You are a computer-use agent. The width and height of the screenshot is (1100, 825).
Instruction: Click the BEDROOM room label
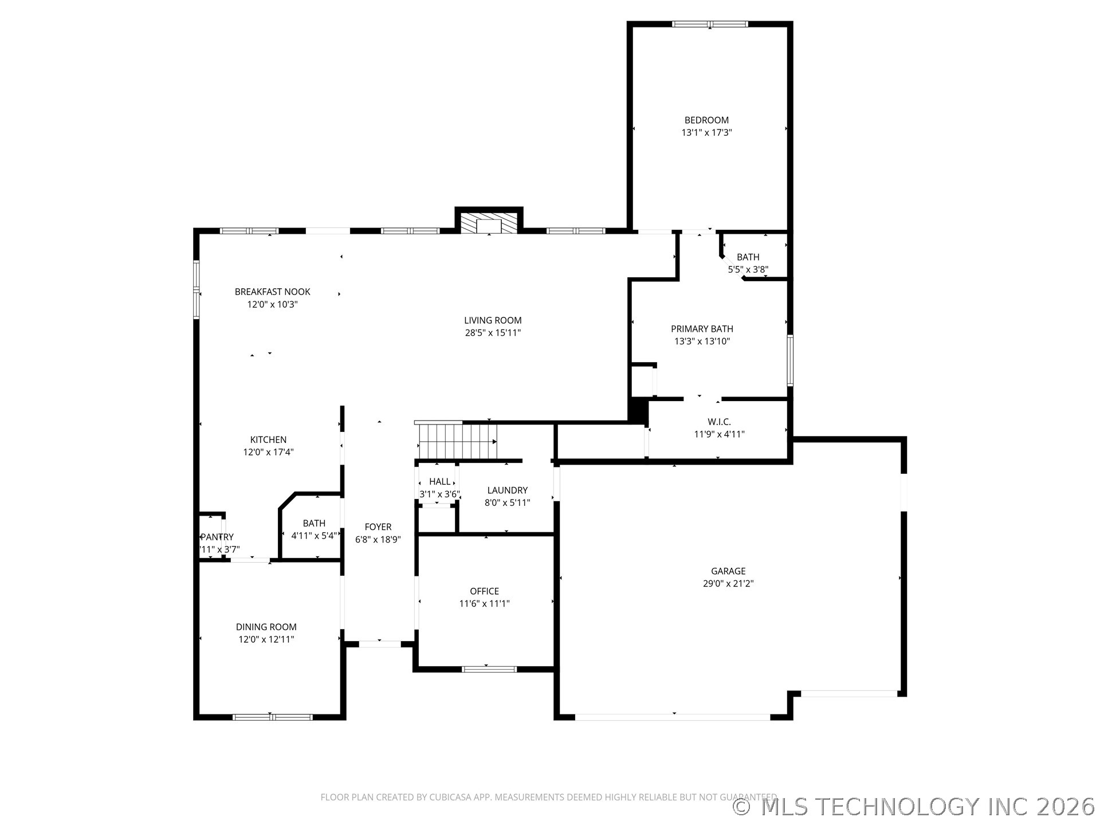[706, 120]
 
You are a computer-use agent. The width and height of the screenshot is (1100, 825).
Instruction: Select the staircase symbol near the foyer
[457, 441]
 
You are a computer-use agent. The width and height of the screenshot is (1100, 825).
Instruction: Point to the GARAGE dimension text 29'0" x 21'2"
[728, 584]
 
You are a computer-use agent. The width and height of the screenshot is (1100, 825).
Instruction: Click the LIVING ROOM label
[493, 320]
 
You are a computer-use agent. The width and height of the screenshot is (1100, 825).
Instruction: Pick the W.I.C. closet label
[719, 422]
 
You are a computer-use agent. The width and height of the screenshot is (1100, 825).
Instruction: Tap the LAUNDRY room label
[507, 490]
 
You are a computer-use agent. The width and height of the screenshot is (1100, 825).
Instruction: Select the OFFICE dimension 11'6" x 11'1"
[484, 603]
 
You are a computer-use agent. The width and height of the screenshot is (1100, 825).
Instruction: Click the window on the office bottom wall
[489, 669]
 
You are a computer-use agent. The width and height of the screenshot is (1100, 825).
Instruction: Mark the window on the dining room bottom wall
[272, 717]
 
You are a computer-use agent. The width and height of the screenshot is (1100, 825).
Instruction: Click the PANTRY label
[217, 537]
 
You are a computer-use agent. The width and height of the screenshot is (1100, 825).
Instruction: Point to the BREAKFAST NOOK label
[272, 292]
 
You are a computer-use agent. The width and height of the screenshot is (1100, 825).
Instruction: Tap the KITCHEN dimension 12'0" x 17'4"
[268, 452]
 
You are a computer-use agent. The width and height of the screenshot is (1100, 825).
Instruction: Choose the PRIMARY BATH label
[702, 329]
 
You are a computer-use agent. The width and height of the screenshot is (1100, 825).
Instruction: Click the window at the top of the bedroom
[709, 24]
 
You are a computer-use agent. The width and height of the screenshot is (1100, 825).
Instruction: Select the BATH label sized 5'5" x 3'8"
[748, 257]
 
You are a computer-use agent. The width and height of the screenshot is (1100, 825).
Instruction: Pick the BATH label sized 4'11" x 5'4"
[314, 523]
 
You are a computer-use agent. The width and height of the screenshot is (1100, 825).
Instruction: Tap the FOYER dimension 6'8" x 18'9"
[378, 539]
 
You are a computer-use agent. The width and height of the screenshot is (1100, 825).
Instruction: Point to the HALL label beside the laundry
[439, 482]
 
